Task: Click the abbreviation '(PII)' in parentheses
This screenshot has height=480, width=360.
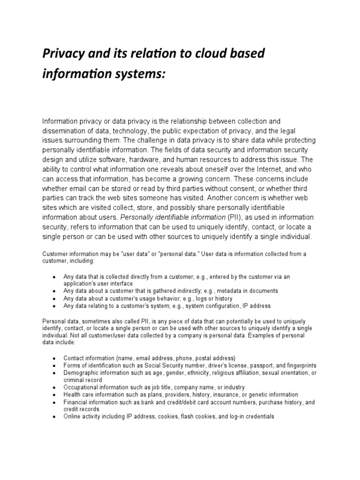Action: (x=236, y=217)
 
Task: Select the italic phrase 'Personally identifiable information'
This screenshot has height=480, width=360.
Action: (x=173, y=217)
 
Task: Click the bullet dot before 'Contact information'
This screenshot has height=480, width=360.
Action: (x=55, y=358)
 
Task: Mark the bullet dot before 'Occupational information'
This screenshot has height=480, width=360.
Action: (x=55, y=388)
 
